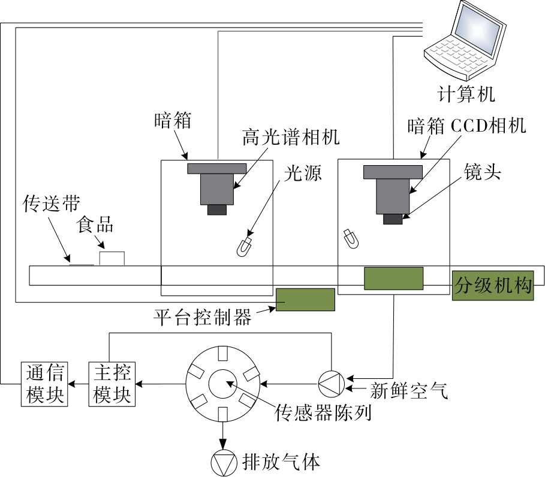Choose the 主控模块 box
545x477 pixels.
coord(112,384)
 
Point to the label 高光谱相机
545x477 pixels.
coord(291,138)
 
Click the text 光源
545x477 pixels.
coord(303,173)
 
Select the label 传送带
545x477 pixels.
coord(47,204)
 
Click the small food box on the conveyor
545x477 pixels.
coord(112,259)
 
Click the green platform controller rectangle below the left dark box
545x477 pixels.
coord(305,299)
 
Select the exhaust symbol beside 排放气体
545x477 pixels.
coord(224,461)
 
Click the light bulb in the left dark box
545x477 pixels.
coord(243,247)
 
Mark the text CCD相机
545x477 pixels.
coord(487,126)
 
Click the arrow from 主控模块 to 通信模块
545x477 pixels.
coord(77,384)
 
